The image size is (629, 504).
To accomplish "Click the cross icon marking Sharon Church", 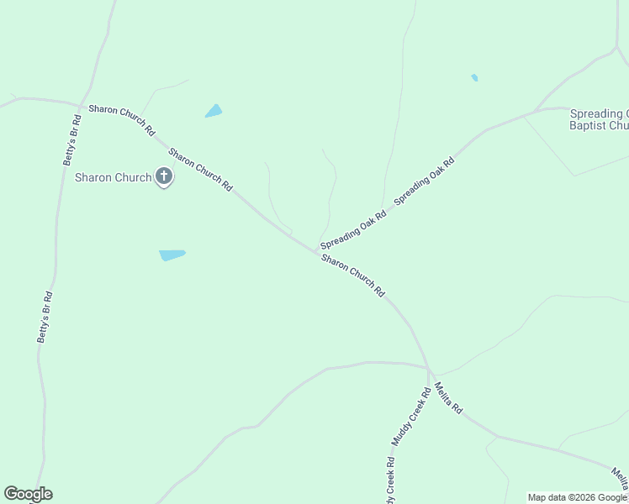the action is tap(164, 177).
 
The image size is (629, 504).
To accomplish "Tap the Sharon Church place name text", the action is tap(113, 177).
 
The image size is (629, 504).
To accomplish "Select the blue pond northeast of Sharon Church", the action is tap(214, 111).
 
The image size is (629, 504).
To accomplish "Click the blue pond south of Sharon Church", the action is tap(172, 255).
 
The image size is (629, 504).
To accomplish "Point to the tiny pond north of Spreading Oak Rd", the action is tap(474, 78).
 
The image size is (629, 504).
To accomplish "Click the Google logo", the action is tap(28, 494).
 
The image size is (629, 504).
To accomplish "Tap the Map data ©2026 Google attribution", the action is tap(577, 497).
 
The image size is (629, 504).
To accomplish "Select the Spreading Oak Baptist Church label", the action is tap(599, 119).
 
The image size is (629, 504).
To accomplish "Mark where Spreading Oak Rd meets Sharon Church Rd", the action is tap(315, 249).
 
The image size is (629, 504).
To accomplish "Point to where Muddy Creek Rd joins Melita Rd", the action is tap(429, 370).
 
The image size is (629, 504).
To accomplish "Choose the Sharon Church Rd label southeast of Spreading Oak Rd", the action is tap(353, 276).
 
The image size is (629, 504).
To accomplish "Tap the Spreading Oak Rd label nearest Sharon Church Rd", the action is tap(353, 228).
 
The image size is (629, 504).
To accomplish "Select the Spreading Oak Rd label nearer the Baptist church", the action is tap(425, 179).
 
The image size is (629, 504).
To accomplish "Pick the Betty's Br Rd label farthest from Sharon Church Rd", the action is tap(45, 317).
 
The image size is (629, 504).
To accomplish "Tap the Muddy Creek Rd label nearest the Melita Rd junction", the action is tap(410, 417).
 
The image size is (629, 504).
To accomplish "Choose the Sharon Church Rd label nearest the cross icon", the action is tap(200, 170).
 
